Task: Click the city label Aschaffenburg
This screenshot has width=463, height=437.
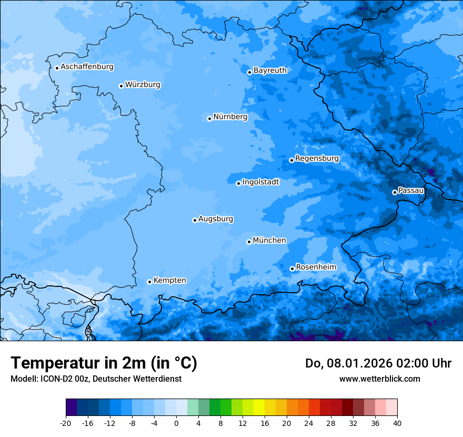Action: [87, 67]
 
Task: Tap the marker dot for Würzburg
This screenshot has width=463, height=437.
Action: [121, 86]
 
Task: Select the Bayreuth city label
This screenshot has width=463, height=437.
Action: [270, 70]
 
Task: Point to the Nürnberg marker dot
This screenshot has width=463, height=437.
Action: [209, 118]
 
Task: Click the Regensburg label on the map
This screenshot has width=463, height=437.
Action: [317, 158]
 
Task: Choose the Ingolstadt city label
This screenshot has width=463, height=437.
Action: [260, 182]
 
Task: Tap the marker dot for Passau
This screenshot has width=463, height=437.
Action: [395, 192]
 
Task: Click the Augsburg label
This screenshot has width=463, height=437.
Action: [216, 219]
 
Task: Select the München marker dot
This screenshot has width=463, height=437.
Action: [249, 242]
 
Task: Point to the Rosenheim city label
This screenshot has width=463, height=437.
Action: [316, 267]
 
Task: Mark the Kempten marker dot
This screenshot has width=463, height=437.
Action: [149, 282]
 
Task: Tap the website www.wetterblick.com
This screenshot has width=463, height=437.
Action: [379, 379]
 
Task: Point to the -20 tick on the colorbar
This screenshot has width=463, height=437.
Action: [66, 423]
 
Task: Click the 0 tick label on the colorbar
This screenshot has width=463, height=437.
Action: [176, 423]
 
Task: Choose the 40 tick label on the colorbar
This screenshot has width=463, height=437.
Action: [397, 423]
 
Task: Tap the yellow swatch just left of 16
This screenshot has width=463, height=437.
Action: [259, 408]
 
